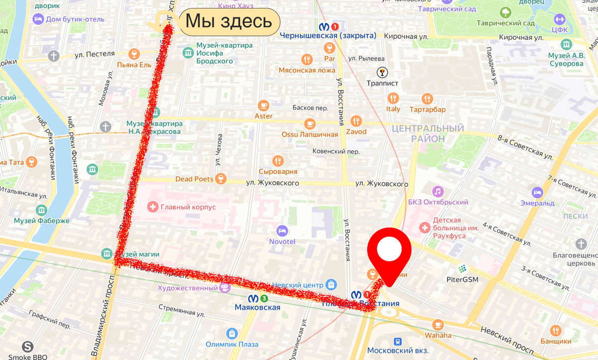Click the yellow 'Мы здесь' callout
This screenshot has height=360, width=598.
coord(229,21)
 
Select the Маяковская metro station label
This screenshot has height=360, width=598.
coord(257,307)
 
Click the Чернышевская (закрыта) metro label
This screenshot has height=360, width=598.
coord(328,35)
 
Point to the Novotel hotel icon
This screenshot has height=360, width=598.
coord(282,231)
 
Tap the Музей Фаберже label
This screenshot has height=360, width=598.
coord(41,221)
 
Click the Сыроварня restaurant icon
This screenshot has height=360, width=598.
coord(278,161)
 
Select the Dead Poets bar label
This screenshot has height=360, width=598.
coord(194,179)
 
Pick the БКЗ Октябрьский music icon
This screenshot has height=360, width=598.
coord(438,191)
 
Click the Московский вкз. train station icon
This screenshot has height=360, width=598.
coord(398,342)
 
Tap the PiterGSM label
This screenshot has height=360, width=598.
coord(462,279)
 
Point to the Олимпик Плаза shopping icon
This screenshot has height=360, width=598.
coord(231,334)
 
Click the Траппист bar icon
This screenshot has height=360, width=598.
coord(382,72)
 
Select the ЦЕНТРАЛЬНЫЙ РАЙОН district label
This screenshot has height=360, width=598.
coord(428,133)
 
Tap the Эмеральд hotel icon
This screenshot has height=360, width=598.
coord(537,192)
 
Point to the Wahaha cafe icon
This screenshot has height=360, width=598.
coord(438,325)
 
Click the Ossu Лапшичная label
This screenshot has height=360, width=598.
coord(309,134)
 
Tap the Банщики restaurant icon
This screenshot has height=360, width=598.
coord(556,331)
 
